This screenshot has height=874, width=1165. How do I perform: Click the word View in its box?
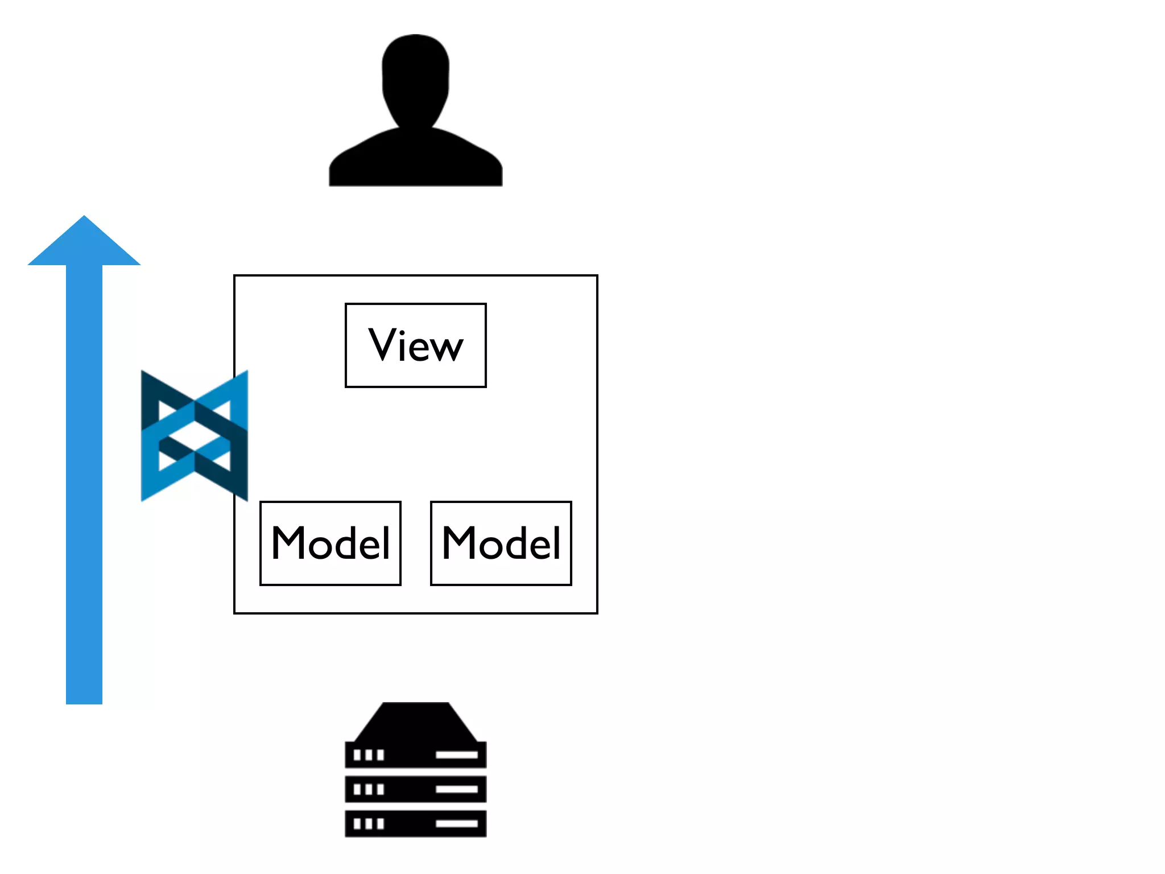(416, 345)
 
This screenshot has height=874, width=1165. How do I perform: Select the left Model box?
(331, 543)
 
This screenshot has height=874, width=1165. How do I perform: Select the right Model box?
(501, 543)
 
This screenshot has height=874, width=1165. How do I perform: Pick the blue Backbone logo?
(195, 436)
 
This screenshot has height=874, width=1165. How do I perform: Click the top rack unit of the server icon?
(416, 755)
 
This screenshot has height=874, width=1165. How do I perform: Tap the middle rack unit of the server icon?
(416, 789)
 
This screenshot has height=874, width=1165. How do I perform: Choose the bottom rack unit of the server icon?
(416, 823)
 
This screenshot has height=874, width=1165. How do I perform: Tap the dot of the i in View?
(403, 331)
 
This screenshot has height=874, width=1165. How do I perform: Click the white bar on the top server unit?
(456, 755)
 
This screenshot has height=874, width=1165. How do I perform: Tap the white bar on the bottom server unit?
(456, 823)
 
